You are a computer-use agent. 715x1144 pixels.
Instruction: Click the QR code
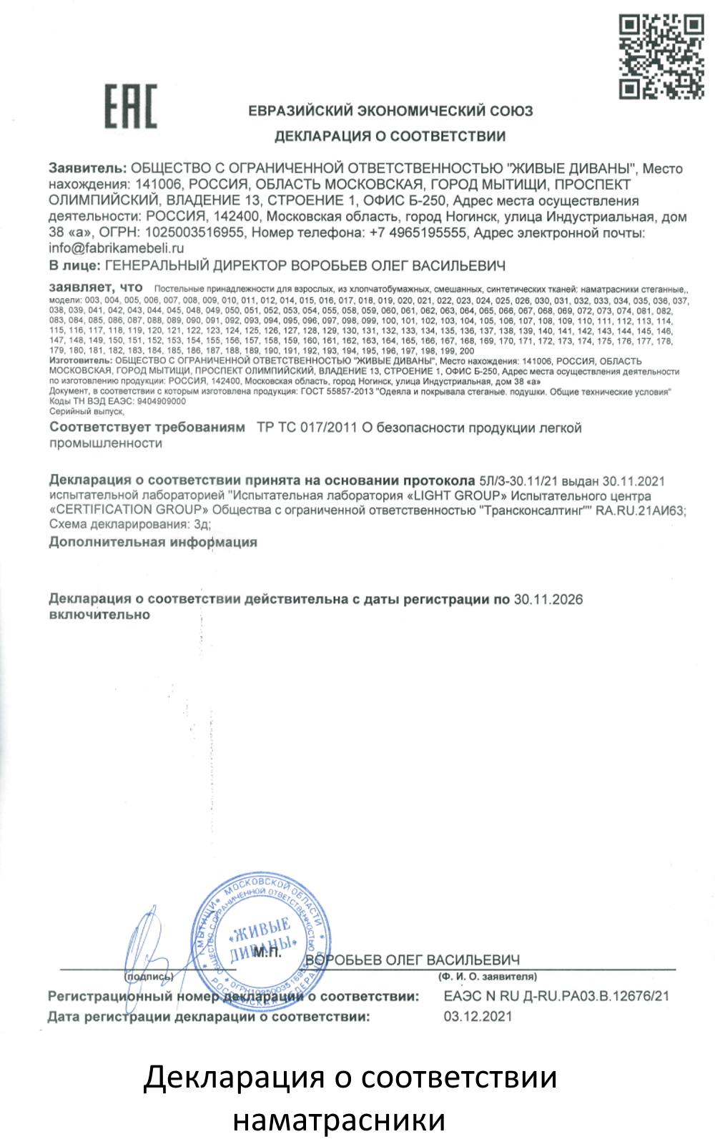(x=661, y=56)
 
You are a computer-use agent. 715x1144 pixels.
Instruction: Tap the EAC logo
(x=131, y=107)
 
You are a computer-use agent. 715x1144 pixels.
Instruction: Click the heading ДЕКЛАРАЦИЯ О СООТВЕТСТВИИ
(x=390, y=136)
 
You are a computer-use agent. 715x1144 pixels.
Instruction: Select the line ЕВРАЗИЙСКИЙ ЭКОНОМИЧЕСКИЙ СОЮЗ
(x=390, y=111)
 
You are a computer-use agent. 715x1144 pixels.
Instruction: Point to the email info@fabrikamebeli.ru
(x=116, y=248)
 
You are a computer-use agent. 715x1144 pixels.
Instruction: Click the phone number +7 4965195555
(x=418, y=232)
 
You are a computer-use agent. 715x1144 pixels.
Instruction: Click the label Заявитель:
(x=87, y=169)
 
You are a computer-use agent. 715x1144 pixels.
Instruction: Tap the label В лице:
(x=74, y=265)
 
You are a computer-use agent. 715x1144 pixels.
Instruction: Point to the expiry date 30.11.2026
(x=548, y=599)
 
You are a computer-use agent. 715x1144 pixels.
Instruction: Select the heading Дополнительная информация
(x=153, y=542)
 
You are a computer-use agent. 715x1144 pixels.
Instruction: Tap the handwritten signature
(x=150, y=944)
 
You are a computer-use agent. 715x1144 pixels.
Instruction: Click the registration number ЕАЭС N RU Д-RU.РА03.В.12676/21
(x=556, y=996)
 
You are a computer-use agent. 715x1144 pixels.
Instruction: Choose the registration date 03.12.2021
(x=478, y=1016)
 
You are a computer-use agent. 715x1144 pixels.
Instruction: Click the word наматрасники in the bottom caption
(x=339, y=1120)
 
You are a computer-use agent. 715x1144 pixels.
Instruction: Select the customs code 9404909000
(x=162, y=401)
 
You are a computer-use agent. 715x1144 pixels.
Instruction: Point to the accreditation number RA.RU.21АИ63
(x=640, y=510)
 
